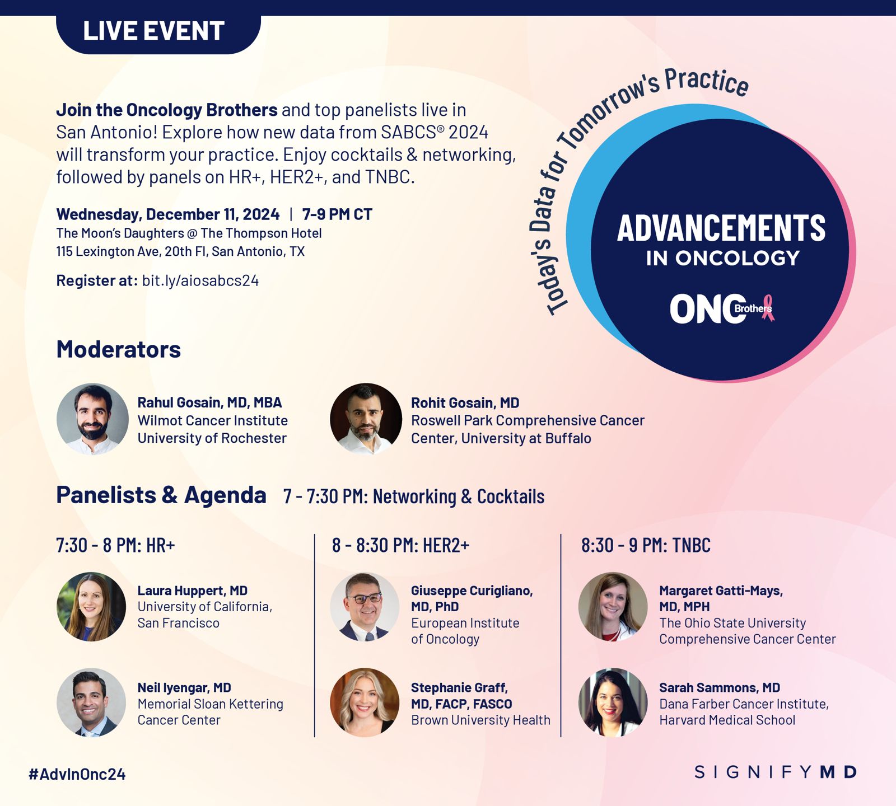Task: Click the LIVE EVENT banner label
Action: pos(154,31)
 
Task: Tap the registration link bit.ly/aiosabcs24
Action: pos(200,280)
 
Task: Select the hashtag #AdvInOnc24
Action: pos(77,774)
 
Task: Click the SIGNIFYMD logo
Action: pos(776,772)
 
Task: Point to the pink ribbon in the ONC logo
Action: pos(768,308)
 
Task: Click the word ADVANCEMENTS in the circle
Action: pos(721,228)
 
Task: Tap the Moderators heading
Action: pos(119,349)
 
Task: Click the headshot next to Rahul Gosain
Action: pos(92,419)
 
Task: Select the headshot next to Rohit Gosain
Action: pos(366,419)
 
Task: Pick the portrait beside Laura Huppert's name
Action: pos(91,607)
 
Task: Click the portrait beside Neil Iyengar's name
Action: pos(91,702)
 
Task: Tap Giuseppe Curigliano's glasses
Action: pos(364,598)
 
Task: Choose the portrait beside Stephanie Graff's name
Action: pos(365,702)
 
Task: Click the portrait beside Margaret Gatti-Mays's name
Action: pos(613,607)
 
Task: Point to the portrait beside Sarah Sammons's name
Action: pos(613,702)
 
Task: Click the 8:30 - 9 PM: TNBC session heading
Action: pos(646,545)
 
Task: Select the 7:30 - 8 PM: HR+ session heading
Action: pos(116,545)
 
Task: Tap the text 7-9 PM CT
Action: pos(337,214)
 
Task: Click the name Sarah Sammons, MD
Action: pos(720,687)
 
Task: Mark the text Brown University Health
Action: pos(480,720)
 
